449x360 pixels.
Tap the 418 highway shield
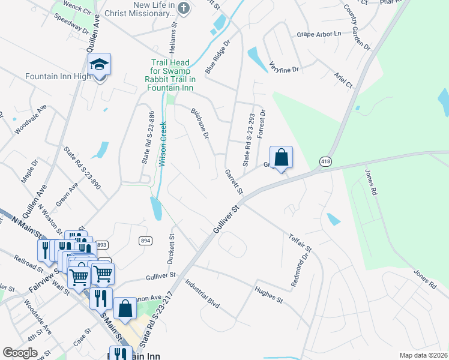tap(325, 161)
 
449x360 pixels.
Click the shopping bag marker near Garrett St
tap(281, 158)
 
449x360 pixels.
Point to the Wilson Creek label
tap(162, 144)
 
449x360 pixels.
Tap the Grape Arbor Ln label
tap(319, 34)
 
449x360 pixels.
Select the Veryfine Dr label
tap(284, 67)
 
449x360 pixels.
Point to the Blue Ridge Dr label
tap(218, 57)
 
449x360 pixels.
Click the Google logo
tap(20, 352)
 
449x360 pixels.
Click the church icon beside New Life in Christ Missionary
tap(184, 8)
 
